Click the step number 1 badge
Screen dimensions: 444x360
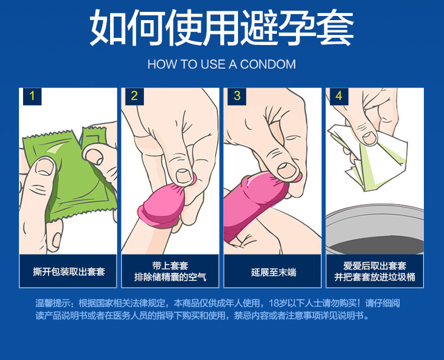click(x=33, y=97)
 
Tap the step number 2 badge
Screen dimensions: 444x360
click(x=134, y=97)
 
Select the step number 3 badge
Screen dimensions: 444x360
click(x=237, y=97)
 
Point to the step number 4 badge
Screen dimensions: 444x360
click(x=339, y=97)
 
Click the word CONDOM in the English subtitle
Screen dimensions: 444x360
click(x=268, y=65)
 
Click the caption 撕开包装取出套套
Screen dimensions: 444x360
click(x=69, y=272)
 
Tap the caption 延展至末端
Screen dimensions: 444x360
click(x=274, y=272)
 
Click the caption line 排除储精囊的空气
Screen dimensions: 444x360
click(x=170, y=277)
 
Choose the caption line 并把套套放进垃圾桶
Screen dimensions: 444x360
click(x=375, y=277)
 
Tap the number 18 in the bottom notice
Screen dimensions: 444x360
click(x=274, y=303)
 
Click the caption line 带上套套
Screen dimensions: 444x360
click(x=170, y=266)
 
